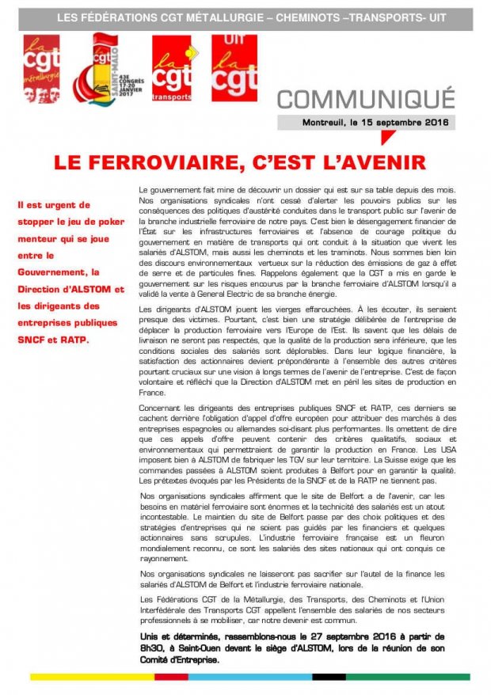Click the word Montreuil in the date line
click(324, 123)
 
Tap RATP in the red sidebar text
click(78, 340)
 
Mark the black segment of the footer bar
click(329, 677)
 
